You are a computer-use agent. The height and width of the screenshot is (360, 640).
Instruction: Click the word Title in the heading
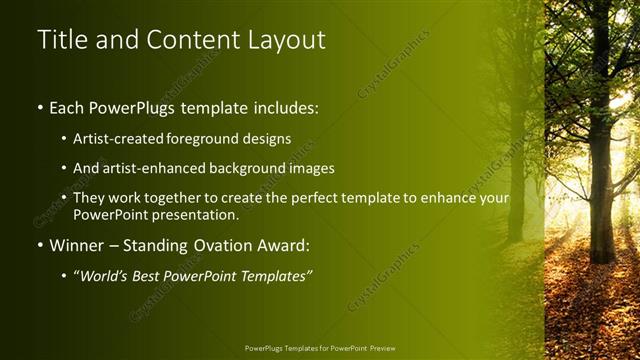tap(59, 40)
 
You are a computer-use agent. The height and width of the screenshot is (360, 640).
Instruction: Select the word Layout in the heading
tap(282, 40)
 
